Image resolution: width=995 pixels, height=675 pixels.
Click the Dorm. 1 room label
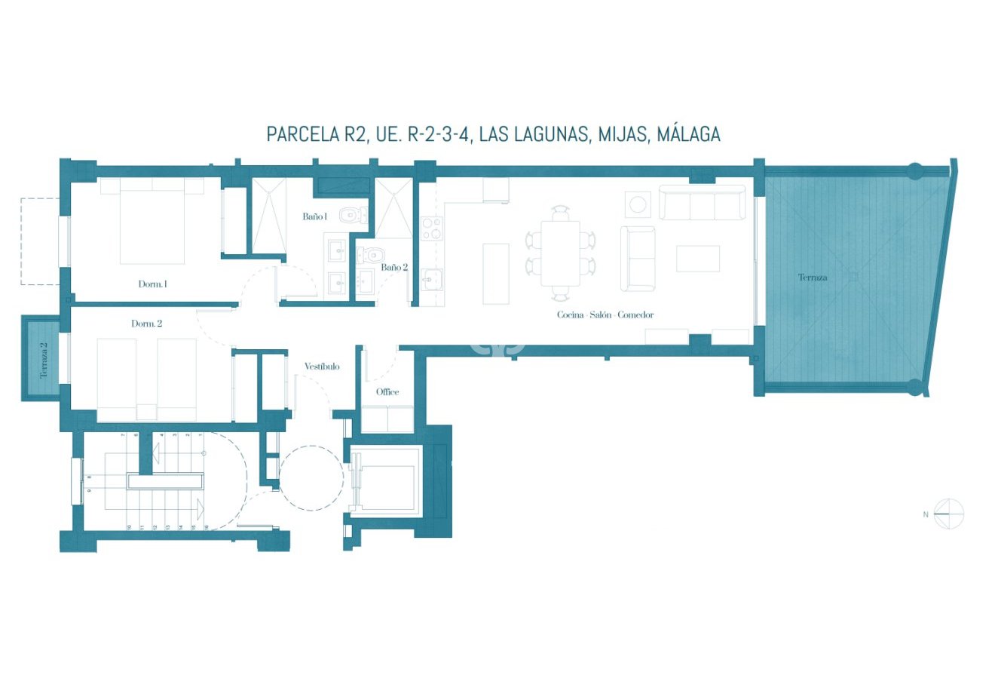tap(152, 284)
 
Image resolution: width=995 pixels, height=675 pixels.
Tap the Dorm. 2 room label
tap(146, 324)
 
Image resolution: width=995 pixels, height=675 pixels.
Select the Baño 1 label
tap(314, 216)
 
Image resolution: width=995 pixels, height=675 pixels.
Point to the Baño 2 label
tap(393, 267)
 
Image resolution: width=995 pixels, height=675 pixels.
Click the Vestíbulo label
tap(322, 367)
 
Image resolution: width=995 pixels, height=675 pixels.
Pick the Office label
tap(387, 392)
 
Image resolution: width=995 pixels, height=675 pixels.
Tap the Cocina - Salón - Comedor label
tap(605, 314)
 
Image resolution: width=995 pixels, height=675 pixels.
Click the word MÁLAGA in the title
tap(688, 134)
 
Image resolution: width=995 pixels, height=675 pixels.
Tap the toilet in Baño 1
tap(349, 217)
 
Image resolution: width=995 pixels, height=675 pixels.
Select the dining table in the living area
tap(560, 253)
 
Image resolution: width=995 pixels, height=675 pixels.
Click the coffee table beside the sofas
tap(697, 259)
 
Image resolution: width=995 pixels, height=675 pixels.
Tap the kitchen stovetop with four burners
tap(431, 229)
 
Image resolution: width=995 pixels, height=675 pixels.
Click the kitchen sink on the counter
tap(431, 279)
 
